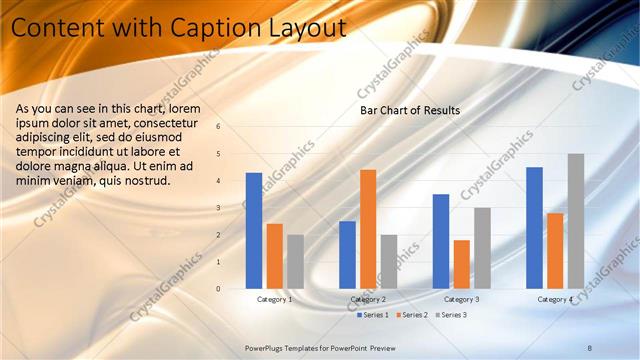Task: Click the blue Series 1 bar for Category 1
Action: (x=254, y=231)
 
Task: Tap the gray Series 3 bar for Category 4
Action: (x=575, y=221)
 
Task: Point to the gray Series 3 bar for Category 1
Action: (x=295, y=262)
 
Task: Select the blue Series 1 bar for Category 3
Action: (x=441, y=241)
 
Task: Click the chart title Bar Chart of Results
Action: (x=410, y=110)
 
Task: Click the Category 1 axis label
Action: (x=275, y=299)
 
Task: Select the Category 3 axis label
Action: (x=461, y=299)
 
